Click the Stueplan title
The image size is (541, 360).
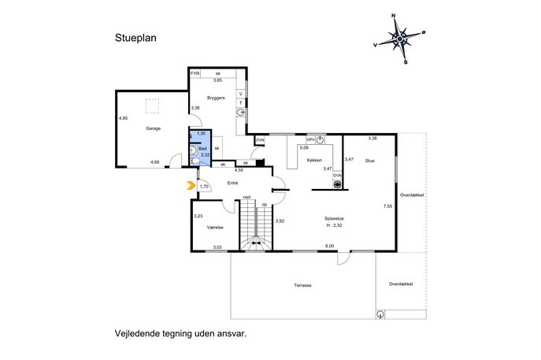point(135,38)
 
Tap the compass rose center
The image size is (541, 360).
point(399,39)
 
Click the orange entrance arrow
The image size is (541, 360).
point(191,185)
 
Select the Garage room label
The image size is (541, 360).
point(154,128)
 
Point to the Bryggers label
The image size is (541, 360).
point(216,98)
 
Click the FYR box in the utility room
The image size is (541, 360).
point(195,73)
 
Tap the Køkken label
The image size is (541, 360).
point(314,160)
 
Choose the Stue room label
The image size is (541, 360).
point(369,161)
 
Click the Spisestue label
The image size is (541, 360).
point(334,218)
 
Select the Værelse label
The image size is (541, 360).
point(215,228)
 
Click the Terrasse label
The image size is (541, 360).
point(302,285)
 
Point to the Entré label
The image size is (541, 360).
point(232,184)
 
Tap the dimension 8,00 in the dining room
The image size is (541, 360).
point(329,246)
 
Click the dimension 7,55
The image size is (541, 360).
point(387,206)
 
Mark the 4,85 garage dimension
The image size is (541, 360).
point(123,118)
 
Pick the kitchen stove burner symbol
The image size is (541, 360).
point(337,184)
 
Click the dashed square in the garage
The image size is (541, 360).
point(152,106)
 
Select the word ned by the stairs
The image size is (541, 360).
point(246,197)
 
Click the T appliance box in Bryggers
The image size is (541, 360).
point(241,103)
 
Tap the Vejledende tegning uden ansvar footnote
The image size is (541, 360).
point(181,334)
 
